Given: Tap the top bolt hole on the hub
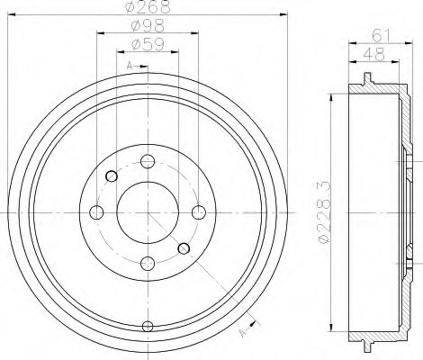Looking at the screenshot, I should pos(146,161).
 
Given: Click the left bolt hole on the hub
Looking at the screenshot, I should pos(95,212).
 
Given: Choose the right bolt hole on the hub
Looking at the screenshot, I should pos(197,212).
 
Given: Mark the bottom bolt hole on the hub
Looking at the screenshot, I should pos(146,263).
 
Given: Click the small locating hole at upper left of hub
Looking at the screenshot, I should pos(110,176).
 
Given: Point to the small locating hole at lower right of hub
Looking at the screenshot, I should pos(183,248).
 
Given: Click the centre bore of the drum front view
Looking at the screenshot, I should pos(146,212).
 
